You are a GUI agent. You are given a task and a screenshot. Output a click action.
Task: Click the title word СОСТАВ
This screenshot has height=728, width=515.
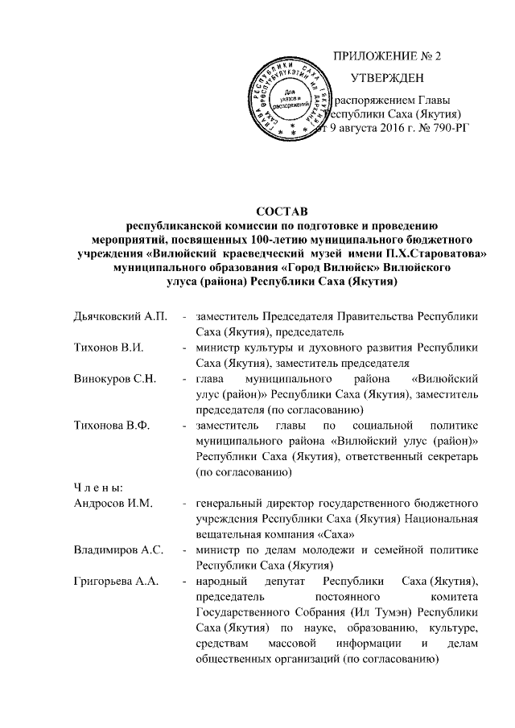(282, 211)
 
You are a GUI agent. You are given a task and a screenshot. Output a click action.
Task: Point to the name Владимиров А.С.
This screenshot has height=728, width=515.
(115, 549)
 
